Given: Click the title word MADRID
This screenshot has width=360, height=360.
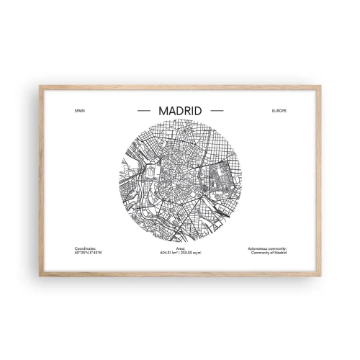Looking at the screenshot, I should (179, 112).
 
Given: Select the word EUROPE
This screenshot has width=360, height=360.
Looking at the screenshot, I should (279, 112).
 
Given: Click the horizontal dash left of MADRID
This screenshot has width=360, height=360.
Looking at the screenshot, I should (143, 112).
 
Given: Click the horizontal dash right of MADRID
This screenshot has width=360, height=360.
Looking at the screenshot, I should (215, 112).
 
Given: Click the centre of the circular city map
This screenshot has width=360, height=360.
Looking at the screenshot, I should (179, 181).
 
